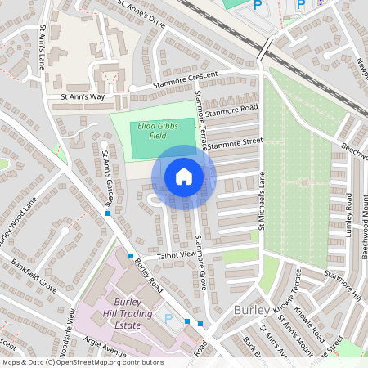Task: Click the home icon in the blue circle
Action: click(184, 177)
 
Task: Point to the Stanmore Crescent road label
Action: click(186, 81)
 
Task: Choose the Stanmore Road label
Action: click(231, 109)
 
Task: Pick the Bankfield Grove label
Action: click(34, 276)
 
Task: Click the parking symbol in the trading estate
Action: click(168, 318)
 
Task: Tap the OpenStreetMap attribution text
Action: click(82, 361)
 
